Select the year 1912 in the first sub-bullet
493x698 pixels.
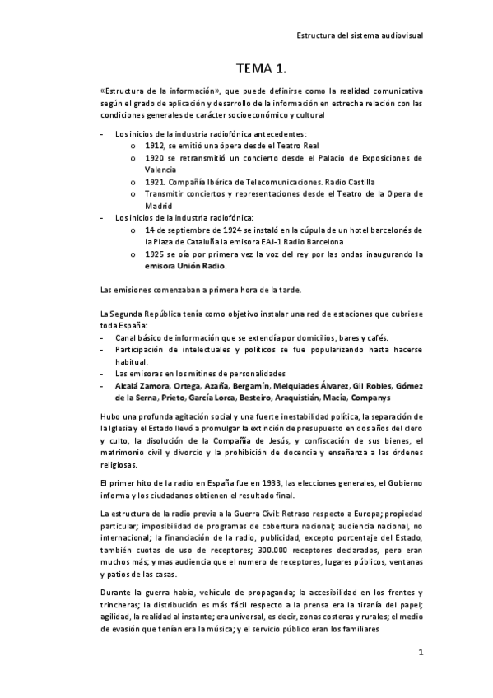point(155,144)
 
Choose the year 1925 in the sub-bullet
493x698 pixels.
point(155,254)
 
